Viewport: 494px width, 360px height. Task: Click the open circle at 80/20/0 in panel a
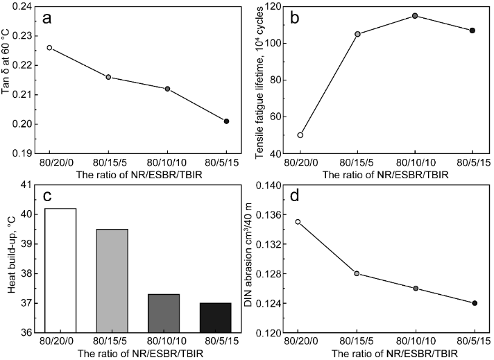click(x=49, y=48)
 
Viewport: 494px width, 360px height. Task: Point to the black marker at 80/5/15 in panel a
click(x=226, y=121)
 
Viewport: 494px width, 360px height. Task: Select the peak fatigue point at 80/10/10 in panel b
click(x=415, y=15)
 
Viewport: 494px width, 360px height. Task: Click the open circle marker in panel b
click(x=300, y=135)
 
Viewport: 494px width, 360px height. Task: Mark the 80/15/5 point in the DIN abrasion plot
click(x=357, y=273)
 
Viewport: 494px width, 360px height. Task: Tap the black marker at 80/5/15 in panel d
click(x=475, y=303)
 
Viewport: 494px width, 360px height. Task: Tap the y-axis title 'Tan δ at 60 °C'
click(x=7, y=79)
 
